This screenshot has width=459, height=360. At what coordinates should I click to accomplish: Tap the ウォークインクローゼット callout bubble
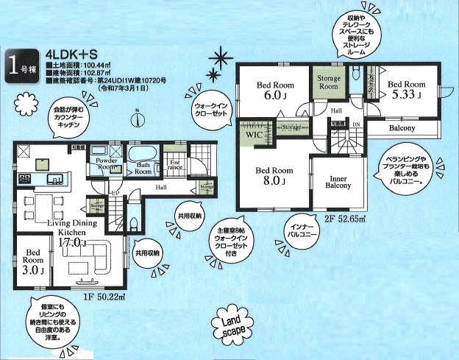(213, 111)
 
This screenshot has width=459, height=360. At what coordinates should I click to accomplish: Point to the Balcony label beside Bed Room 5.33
(402, 128)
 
